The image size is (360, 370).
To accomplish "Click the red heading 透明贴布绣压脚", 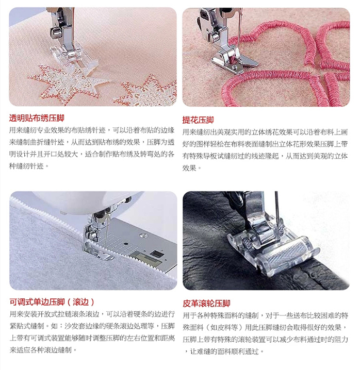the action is [x=37, y=118].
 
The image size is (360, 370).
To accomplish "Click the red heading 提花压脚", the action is [x=198, y=120].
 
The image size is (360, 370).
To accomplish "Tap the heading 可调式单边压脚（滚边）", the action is [x=52, y=302].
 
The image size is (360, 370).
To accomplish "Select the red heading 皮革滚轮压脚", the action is [x=206, y=304].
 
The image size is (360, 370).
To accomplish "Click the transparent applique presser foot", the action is [x=73, y=57].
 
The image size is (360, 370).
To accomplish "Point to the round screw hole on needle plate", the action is [x=142, y=236].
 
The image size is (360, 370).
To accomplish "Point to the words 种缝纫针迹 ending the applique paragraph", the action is [x=26, y=166].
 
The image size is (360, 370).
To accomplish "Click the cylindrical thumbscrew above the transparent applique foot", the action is [x=56, y=33].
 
